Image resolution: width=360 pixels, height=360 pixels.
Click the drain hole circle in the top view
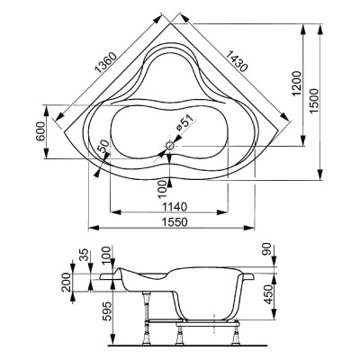[x=170, y=143]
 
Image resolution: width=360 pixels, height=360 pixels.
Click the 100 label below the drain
[x=163, y=186]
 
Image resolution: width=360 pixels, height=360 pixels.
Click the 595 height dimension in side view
[x=107, y=311]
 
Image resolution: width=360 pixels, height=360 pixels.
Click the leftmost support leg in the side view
[x=145, y=334]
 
